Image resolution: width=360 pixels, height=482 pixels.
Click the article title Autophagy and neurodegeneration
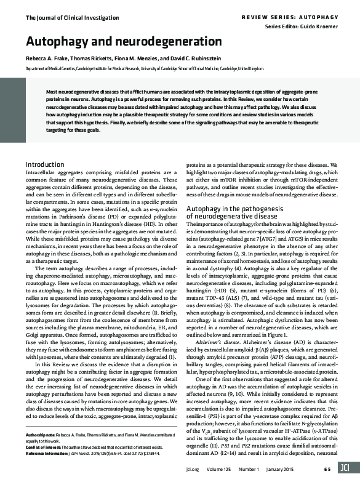123,42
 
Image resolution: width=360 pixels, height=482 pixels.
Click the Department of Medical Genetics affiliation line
145,69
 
